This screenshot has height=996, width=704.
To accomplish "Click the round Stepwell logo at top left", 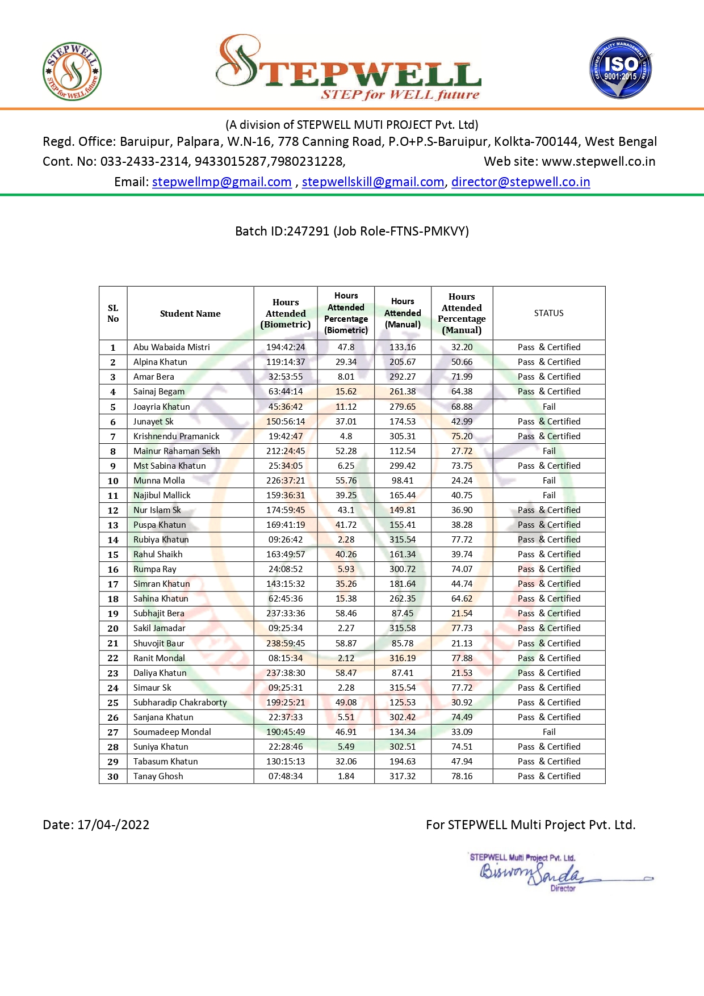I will pyautogui.click(x=72, y=72).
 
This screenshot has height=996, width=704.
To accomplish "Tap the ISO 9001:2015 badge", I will pyautogui.click(x=621, y=69).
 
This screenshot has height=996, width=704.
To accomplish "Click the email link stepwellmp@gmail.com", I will pyautogui.click(x=221, y=182).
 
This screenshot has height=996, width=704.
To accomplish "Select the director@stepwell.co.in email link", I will pyautogui.click(x=521, y=182).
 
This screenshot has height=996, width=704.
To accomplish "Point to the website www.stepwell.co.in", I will pyautogui.click(x=598, y=162).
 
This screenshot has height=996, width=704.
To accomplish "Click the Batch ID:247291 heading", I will pyautogui.click(x=352, y=232).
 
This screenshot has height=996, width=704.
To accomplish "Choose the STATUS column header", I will pyautogui.click(x=548, y=313).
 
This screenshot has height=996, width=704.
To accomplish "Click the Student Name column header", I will pyautogui.click(x=190, y=314).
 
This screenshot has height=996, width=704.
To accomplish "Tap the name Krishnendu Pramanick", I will pyautogui.click(x=176, y=436).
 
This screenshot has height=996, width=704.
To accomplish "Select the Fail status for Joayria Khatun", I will pyautogui.click(x=549, y=407).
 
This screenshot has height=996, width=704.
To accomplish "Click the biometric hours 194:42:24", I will pyautogui.click(x=286, y=347).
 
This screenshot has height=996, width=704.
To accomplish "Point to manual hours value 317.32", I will pyautogui.click(x=403, y=776).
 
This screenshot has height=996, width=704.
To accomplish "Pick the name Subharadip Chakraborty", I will pyautogui.click(x=180, y=703).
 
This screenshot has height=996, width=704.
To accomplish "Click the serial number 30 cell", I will pyautogui.click(x=113, y=776).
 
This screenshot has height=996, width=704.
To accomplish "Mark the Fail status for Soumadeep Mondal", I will pyautogui.click(x=549, y=732).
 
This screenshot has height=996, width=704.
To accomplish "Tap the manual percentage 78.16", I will pyautogui.click(x=462, y=776).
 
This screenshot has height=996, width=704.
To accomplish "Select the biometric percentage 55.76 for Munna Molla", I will pyautogui.click(x=346, y=481).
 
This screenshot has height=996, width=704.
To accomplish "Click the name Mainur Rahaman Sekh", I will pyautogui.click(x=177, y=451).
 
